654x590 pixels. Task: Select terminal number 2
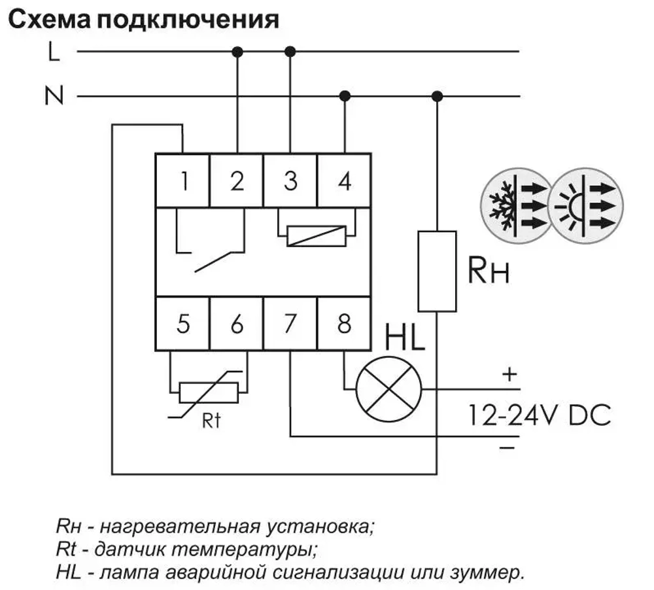[236, 181]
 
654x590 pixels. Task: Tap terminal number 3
[290, 181]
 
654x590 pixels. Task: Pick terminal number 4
[344, 181]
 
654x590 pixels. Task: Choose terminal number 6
[236, 324]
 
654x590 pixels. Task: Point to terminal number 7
[290, 324]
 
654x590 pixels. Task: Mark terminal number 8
[344, 324]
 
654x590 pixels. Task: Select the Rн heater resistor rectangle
[437, 270]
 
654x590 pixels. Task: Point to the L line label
[54, 52]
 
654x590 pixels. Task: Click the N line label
[54, 97]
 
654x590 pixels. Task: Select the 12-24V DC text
[538, 415]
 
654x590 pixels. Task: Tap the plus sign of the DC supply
[509, 375]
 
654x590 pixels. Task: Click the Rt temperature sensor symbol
[209, 392]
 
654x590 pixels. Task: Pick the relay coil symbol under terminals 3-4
[317, 235]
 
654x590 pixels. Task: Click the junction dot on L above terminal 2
[237, 51]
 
